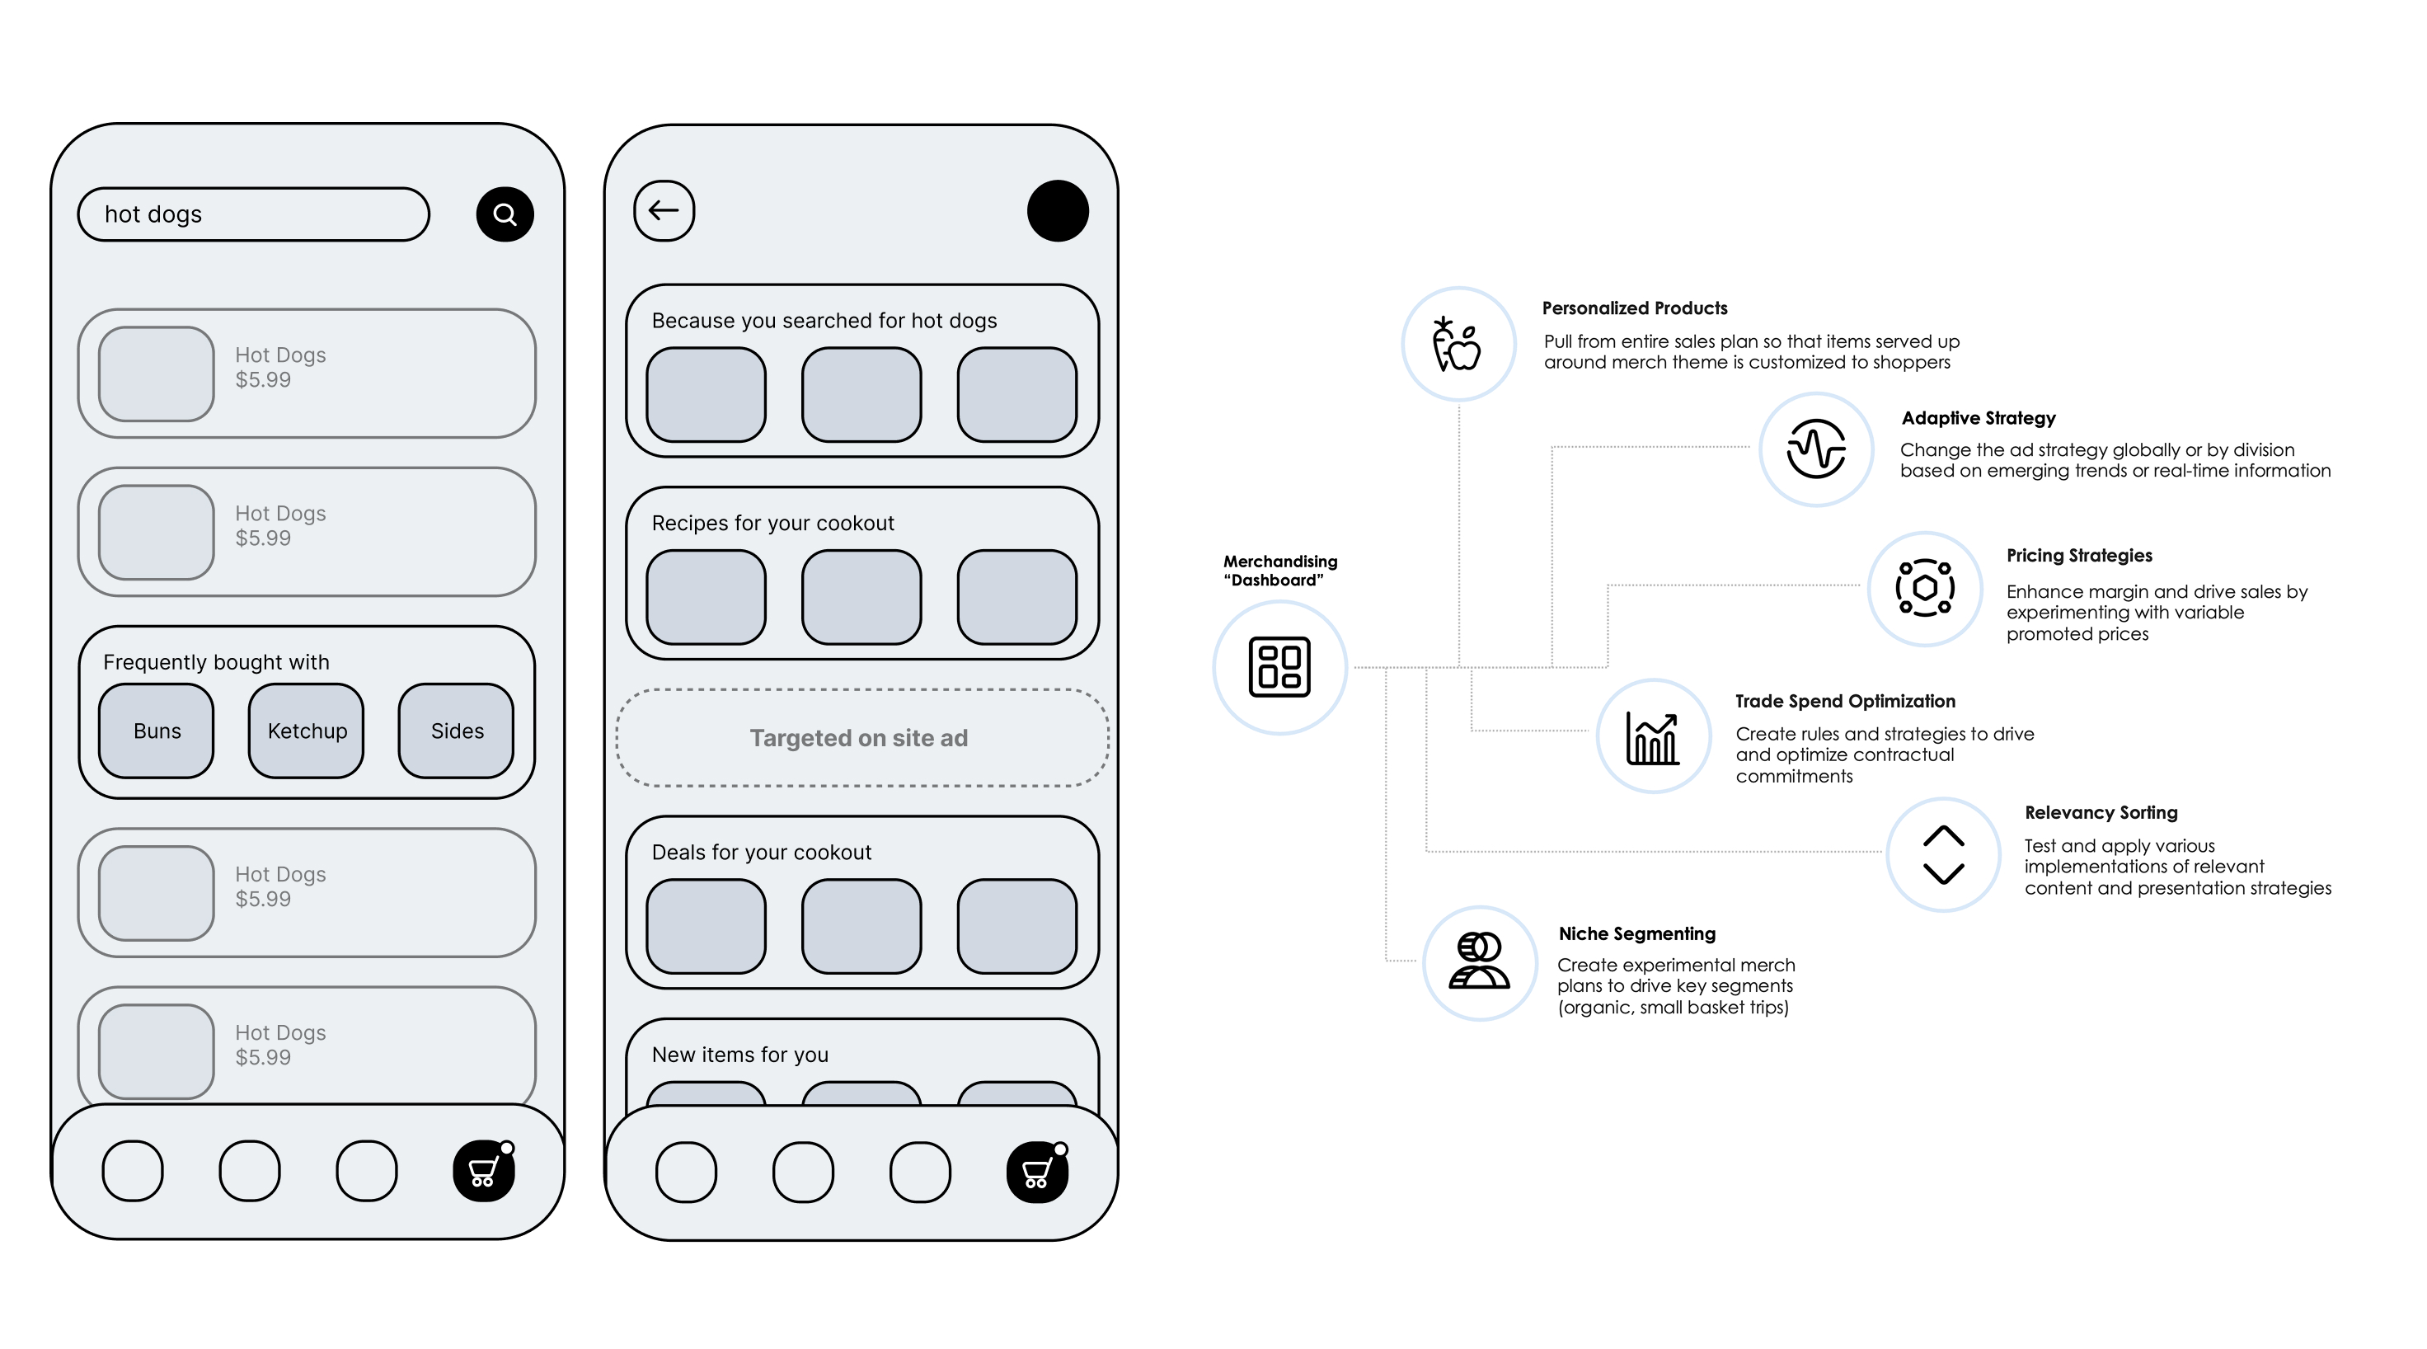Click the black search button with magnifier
(x=505, y=214)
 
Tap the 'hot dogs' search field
(x=252, y=214)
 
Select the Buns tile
(x=157, y=731)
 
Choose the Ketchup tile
(x=306, y=731)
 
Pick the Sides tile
(x=457, y=731)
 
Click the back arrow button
(x=664, y=210)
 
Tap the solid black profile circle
(x=1057, y=211)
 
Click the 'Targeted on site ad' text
(x=858, y=738)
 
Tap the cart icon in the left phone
(x=483, y=1171)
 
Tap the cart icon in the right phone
(x=1036, y=1173)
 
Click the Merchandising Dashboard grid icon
(x=1279, y=667)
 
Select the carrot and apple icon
(x=1458, y=344)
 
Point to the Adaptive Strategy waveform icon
(x=1815, y=449)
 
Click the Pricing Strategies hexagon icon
(x=1925, y=589)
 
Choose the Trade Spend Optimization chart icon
(x=1653, y=736)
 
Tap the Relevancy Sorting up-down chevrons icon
(x=1943, y=854)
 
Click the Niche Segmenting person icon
(x=1479, y=961)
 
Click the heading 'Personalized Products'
(x=1635, y=308)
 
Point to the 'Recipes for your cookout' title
(x=772, y=523)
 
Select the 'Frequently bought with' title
(x=216, y=662)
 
